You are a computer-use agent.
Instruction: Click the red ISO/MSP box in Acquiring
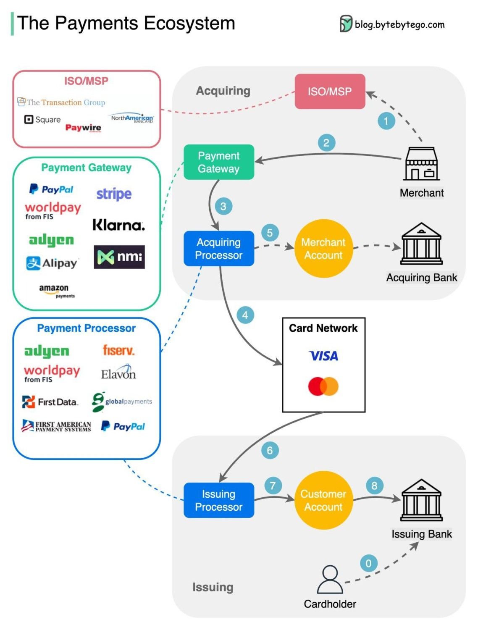[330, 92]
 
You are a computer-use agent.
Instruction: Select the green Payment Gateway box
[219, 162]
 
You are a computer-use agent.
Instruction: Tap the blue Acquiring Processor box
[219, 248]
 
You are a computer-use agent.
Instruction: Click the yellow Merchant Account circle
[323, 248]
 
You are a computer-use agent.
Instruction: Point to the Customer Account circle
[323, 500]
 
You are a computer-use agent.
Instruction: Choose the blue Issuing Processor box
[219, 500]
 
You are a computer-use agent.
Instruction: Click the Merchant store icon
[421, 164]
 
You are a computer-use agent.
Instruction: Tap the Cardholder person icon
[330, 579]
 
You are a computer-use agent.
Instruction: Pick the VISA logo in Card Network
[323, 356]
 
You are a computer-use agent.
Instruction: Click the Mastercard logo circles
[323, 386]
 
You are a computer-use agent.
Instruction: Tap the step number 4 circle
[245, 315]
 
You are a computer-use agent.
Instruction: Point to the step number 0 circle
[368, 563]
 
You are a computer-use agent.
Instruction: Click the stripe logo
[114, 194]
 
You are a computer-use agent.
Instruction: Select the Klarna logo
[118, 225]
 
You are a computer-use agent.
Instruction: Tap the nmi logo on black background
[119, 257]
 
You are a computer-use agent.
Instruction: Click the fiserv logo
[118, 350]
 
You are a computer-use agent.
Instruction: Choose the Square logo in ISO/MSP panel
[42, 120]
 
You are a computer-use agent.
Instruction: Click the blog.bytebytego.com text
[399, 25]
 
